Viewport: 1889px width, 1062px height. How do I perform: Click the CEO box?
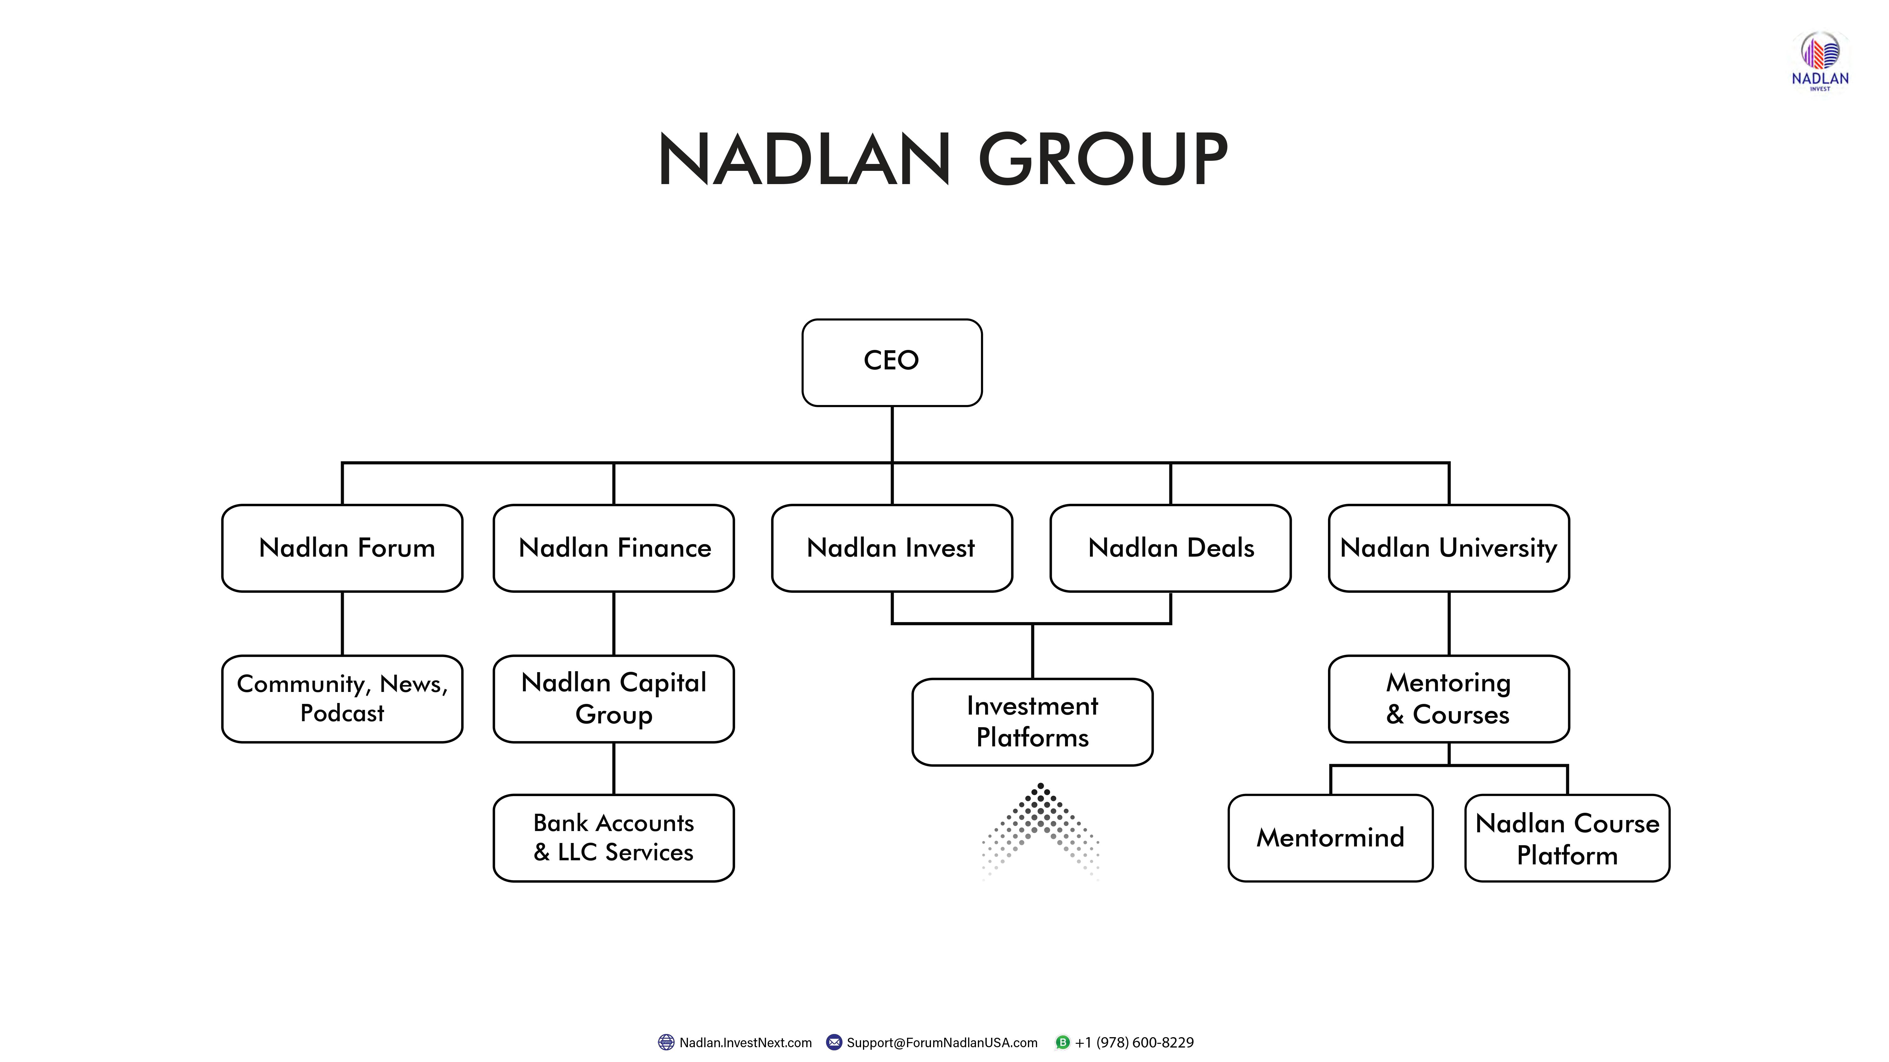tap(892, 362)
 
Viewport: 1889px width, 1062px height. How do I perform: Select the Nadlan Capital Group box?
tap(614, 699)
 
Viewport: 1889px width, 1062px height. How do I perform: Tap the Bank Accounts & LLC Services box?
tap(614, 838)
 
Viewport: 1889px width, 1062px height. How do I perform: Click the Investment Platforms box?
tap(1033, 722)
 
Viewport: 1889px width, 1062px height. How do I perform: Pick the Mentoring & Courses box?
tap(1448, 699)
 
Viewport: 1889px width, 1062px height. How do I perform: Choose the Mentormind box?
tap(1330, 838)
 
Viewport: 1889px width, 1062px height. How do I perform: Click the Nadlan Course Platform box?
tap(1567, 838)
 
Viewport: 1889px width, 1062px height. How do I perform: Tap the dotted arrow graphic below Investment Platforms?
tap(1041, 828)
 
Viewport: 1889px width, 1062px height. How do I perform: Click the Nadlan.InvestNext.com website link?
tap(745, 1042)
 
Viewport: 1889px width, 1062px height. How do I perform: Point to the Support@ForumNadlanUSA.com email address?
tap(942, 1042)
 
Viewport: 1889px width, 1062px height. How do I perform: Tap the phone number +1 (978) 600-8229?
tap(1134, 1042)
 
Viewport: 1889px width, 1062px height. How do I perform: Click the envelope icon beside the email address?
tap(834, 1042)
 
